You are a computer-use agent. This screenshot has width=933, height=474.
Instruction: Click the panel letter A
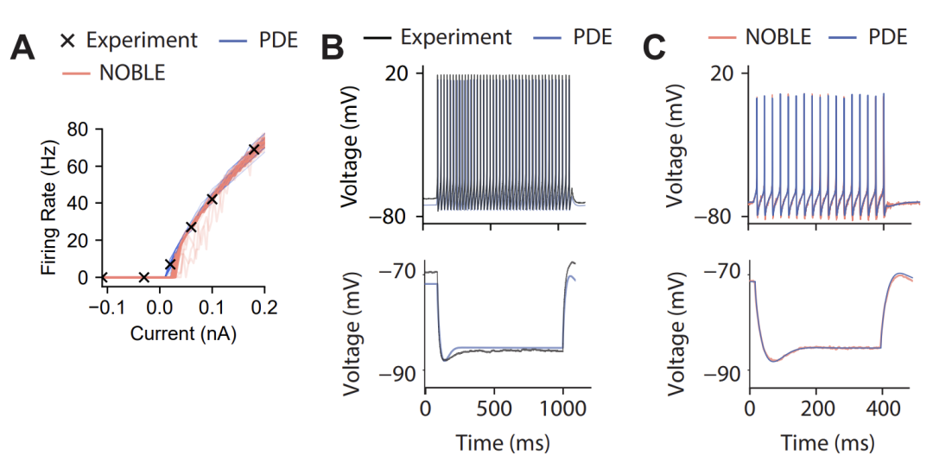coord(22,47)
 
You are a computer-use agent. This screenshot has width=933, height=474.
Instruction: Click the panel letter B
coord(335,47)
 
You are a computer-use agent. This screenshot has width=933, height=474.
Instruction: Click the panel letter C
coord(655,47)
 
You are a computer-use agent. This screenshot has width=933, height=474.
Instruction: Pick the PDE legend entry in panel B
coord(592,37)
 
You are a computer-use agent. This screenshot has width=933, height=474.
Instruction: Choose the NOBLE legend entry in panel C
coord(778,37)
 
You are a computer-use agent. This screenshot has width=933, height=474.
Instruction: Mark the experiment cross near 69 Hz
coord(254,149)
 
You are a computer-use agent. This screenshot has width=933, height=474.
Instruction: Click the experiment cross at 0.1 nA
coord(212,199)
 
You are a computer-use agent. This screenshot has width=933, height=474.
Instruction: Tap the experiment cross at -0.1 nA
coord(104,277)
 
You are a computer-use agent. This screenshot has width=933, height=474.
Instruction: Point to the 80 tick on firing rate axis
coord(79,130)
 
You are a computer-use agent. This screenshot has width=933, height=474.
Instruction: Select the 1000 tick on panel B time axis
coord(562,408)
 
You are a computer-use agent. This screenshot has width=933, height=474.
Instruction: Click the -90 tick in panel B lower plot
coord(398,371)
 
